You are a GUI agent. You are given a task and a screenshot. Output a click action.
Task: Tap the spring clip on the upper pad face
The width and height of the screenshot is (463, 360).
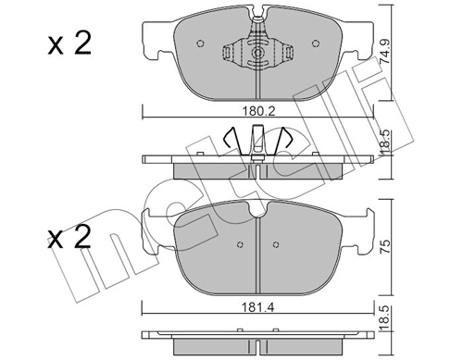click(256, 54)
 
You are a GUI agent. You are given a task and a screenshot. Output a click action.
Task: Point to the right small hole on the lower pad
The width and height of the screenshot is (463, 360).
click(276, 245)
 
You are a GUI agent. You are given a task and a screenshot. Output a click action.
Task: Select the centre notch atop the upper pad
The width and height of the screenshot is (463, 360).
click(257, 16)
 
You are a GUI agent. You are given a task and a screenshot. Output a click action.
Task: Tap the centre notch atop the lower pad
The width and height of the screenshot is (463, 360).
click(257, 212)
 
